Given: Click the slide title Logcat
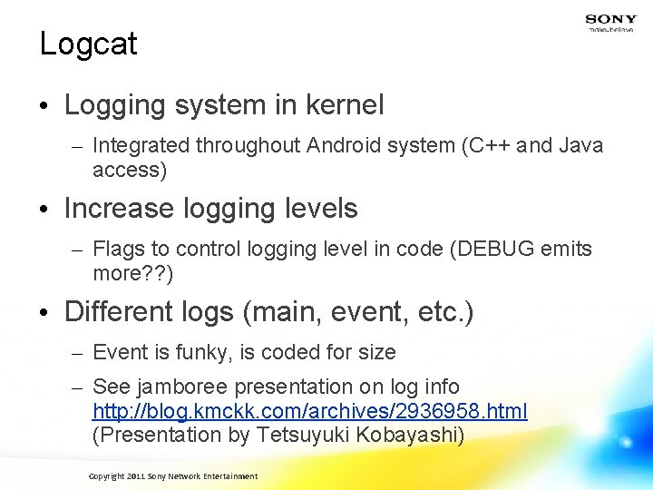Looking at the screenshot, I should [x=88, y=44].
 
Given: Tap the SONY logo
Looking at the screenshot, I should [x=610, y=20].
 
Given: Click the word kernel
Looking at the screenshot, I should [x=345, y=105].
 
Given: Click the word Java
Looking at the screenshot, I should [x=581, y=145].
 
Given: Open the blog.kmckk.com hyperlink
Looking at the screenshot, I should [x=309, y=411].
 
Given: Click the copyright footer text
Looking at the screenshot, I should [x=172, y=476].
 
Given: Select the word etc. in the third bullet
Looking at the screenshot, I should [x=443, y=312].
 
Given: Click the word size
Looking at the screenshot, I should [x=377, y=352].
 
